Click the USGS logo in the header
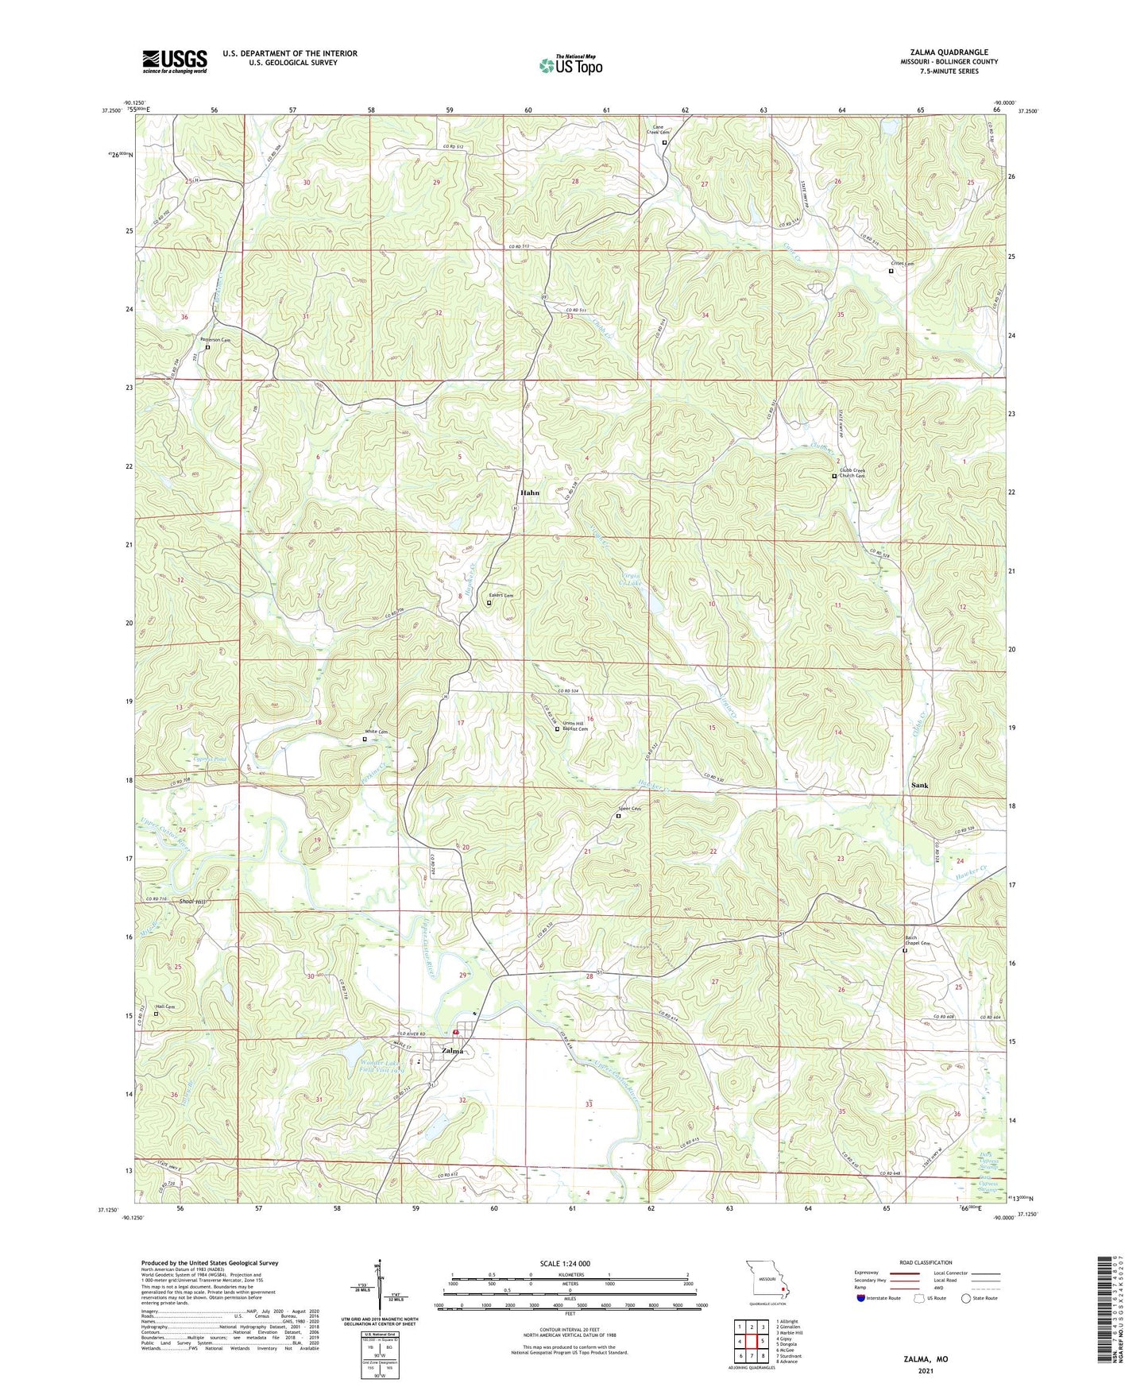(x=175, y=61)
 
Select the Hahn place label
(x=530, y=493)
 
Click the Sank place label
(x=919, y=785)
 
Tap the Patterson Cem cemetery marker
(x=208, y=347)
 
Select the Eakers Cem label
(x=501, y=596)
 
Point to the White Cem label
(x=377, y=732)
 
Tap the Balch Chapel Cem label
(x=920, y=941)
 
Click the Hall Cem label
(x=164, y=1006)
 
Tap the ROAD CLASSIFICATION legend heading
(x=926, y=1262)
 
